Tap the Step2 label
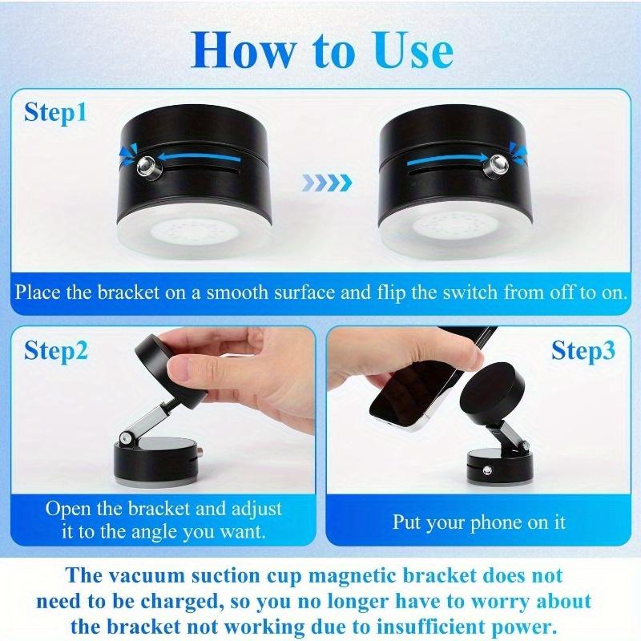pyautogui.click(x=55, y=350)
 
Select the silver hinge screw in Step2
pyautogui.click(x=127, y=438)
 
